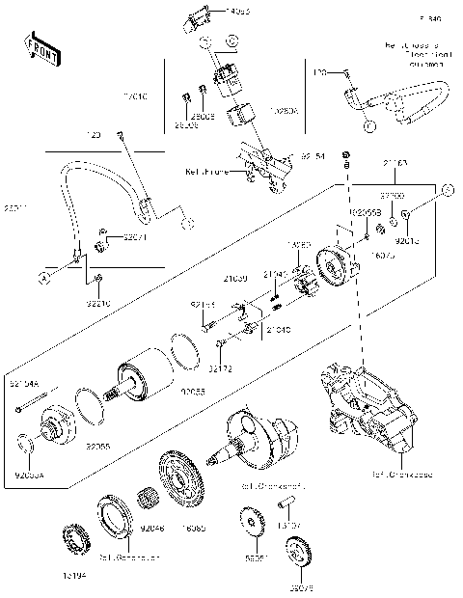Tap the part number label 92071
[109, 236]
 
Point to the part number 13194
[73, 575]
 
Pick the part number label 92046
[153, 529]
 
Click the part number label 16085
[196, 529]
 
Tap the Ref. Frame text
[203, 172]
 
